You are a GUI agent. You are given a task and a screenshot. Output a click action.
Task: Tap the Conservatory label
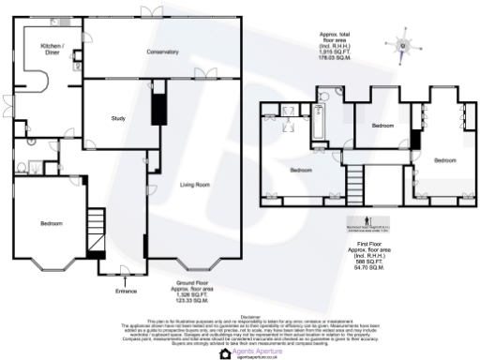pyautogui.click(x=162, y=51)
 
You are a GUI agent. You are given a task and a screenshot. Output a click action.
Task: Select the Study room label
pyautogui.click(x=118, y=118)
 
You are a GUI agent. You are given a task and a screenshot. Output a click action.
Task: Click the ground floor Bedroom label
pyautogui.click(x=51, y=224)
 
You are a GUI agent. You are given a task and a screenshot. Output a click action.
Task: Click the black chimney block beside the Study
pyautogui.click(x=157, y=105)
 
